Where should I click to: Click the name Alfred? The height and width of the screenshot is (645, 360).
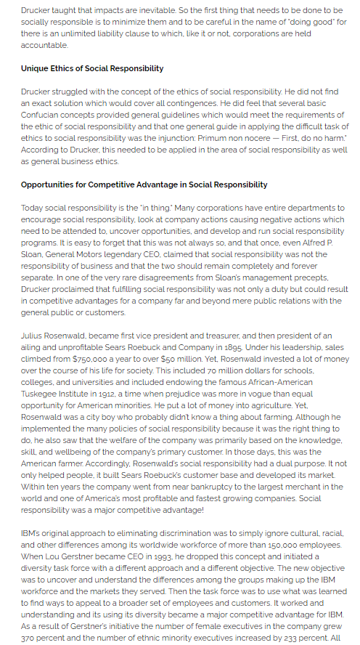[x=314, y=243]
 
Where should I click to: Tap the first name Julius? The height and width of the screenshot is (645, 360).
[x=33, y=335]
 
